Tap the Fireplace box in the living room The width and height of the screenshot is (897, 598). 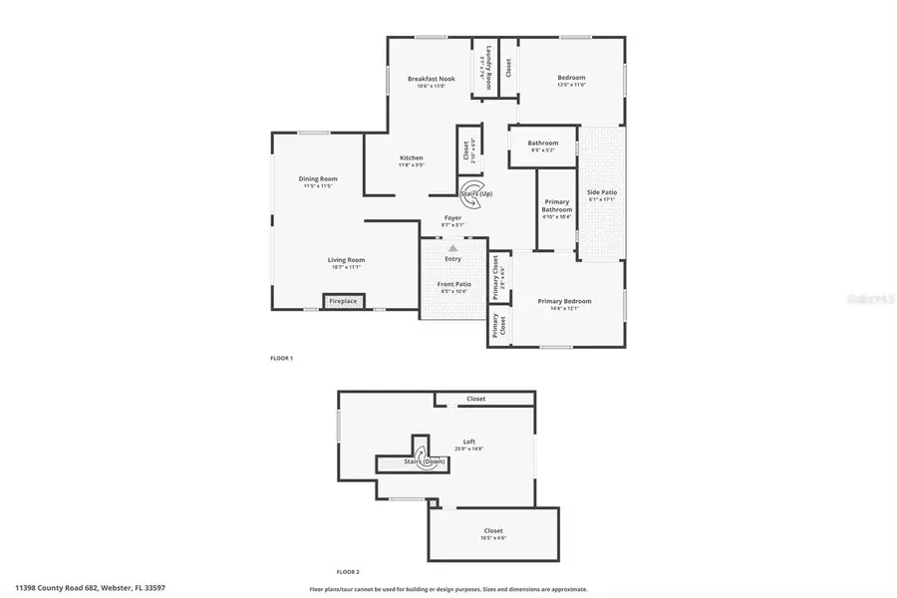(x=344, y=301)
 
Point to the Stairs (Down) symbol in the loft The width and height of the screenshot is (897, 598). (x=425, y=462)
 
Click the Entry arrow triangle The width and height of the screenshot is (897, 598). (x=452, y=248)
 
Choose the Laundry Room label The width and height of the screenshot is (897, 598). (x=489, y=68)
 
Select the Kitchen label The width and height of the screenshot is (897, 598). (x=412, y=158)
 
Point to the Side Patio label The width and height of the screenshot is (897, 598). (x=602, y=192)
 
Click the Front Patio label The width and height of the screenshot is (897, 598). (x=453, y=284)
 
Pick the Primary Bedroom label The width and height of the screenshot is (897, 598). (x=564, y=301)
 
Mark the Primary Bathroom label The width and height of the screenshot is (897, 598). (x=557, y=205)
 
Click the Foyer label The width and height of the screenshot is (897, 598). (x=452, y=218)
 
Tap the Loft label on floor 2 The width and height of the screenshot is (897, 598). (x=469, y=442)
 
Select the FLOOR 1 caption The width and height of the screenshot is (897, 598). (x=282, y=358)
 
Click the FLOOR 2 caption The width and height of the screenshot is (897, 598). (x=347, y=571)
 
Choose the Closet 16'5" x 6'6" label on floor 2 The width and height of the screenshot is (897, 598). (x=493, y=530)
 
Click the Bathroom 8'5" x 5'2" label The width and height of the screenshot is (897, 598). (x=544, y=143)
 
